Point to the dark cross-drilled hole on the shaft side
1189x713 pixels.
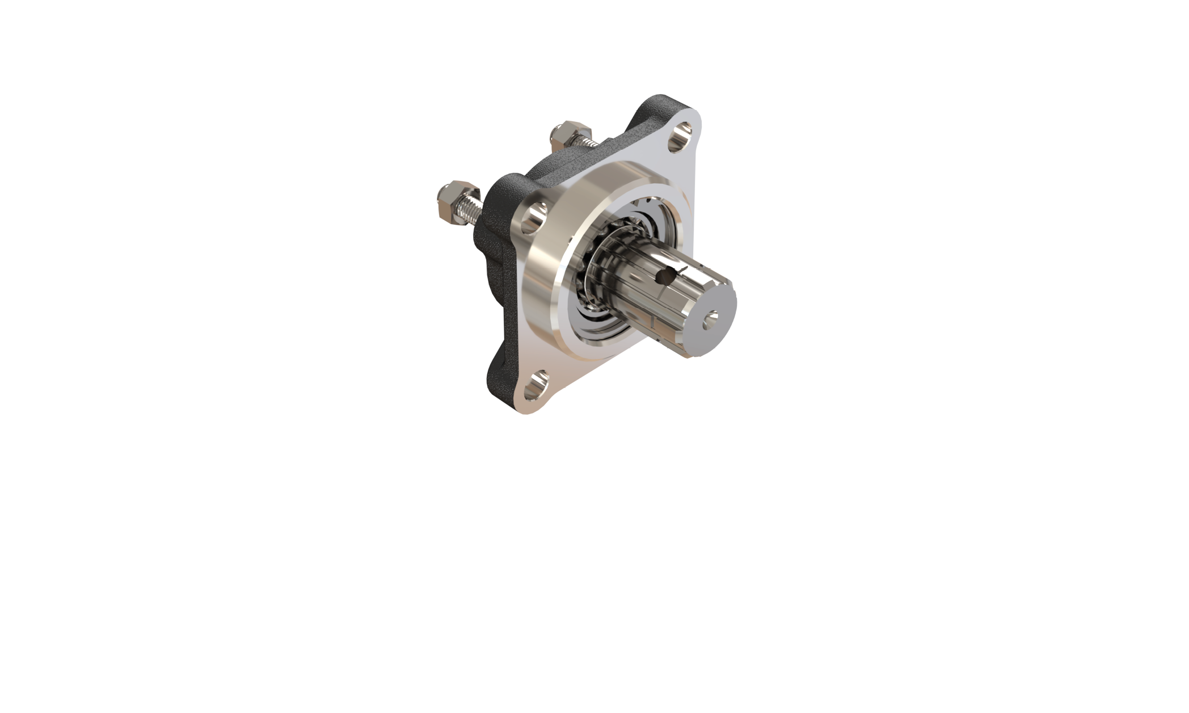[x=662, y=276]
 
